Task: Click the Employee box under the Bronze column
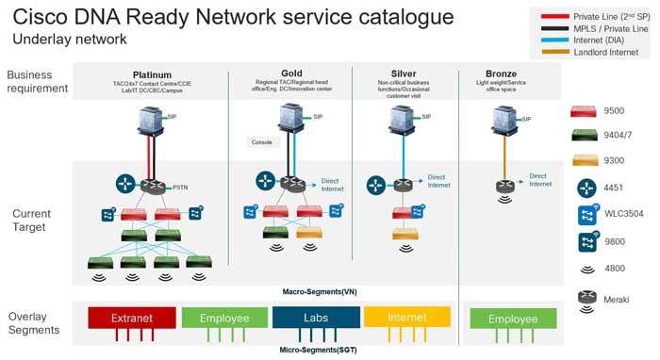pos(512,319)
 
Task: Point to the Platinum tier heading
pos(152,74)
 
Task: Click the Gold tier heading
pos(291,73)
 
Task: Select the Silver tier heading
pos(403,73)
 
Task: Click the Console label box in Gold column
pos(261,142)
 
